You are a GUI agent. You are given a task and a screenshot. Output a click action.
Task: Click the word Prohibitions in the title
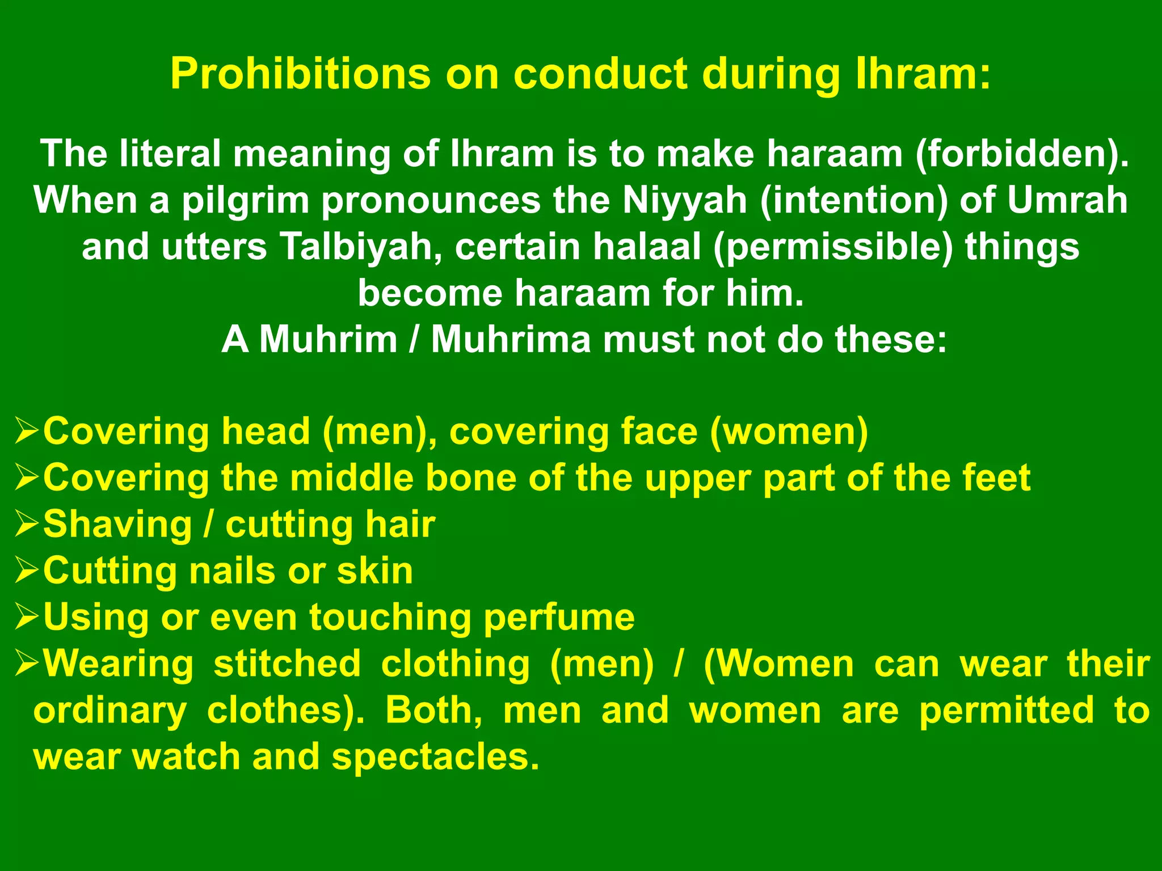[x=300, y=74]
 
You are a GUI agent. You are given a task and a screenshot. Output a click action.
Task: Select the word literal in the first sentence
[x=170, y=154]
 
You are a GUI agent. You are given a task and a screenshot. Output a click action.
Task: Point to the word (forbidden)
[x=1022, y=154]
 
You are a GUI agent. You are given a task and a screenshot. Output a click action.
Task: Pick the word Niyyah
[x=684, y=200]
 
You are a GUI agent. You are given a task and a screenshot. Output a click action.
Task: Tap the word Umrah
[x=1067, y=200]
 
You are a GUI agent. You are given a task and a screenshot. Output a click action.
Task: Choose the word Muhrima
[x=511, y=340]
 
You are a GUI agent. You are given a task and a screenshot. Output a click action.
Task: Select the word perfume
[x=559, y=617]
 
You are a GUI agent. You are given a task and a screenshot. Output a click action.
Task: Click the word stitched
[x=287, y=663]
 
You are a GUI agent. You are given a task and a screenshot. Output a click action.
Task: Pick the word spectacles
[x=435, y=756]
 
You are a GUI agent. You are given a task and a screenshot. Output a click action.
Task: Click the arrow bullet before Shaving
[x=27, y=524]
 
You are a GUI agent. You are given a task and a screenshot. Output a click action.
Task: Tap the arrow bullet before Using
[x=27, y=617]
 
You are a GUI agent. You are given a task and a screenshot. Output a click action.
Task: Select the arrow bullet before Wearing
[x=27, y=663]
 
